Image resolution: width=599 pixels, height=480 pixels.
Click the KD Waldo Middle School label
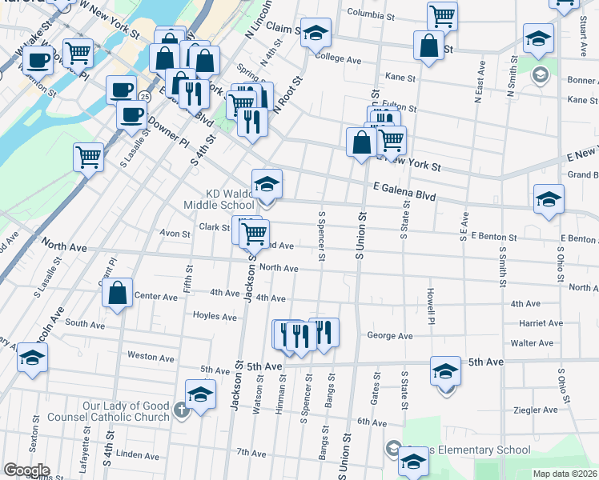240,199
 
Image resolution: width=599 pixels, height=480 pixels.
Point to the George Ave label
389,336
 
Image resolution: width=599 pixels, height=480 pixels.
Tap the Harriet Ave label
542,323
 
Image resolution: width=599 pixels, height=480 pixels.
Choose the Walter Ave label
533,343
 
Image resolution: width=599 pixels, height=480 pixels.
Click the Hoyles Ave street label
215,316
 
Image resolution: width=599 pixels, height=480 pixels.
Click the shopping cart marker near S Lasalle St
88,157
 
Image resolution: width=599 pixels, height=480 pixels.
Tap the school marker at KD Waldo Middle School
267,184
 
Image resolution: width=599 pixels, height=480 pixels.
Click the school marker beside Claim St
316,33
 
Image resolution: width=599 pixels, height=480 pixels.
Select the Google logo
26,470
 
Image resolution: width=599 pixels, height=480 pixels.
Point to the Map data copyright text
565,474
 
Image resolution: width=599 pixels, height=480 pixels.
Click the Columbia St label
371,14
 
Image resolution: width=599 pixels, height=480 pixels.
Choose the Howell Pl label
431,300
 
